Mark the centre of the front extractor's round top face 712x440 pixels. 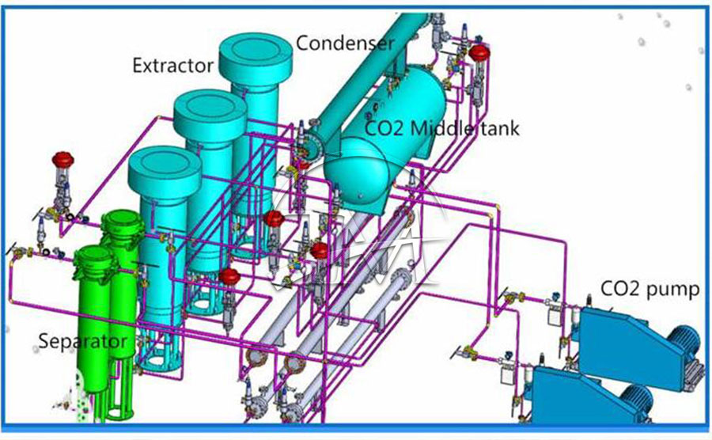point(165,161)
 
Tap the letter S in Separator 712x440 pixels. point(43,340)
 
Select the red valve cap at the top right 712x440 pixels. point(479,52)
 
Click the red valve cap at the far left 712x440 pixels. point(62,160)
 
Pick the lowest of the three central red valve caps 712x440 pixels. point(229,275)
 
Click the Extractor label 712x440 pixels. point(173,66)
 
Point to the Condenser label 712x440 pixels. point(345,44)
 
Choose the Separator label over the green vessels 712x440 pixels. point(82,341)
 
